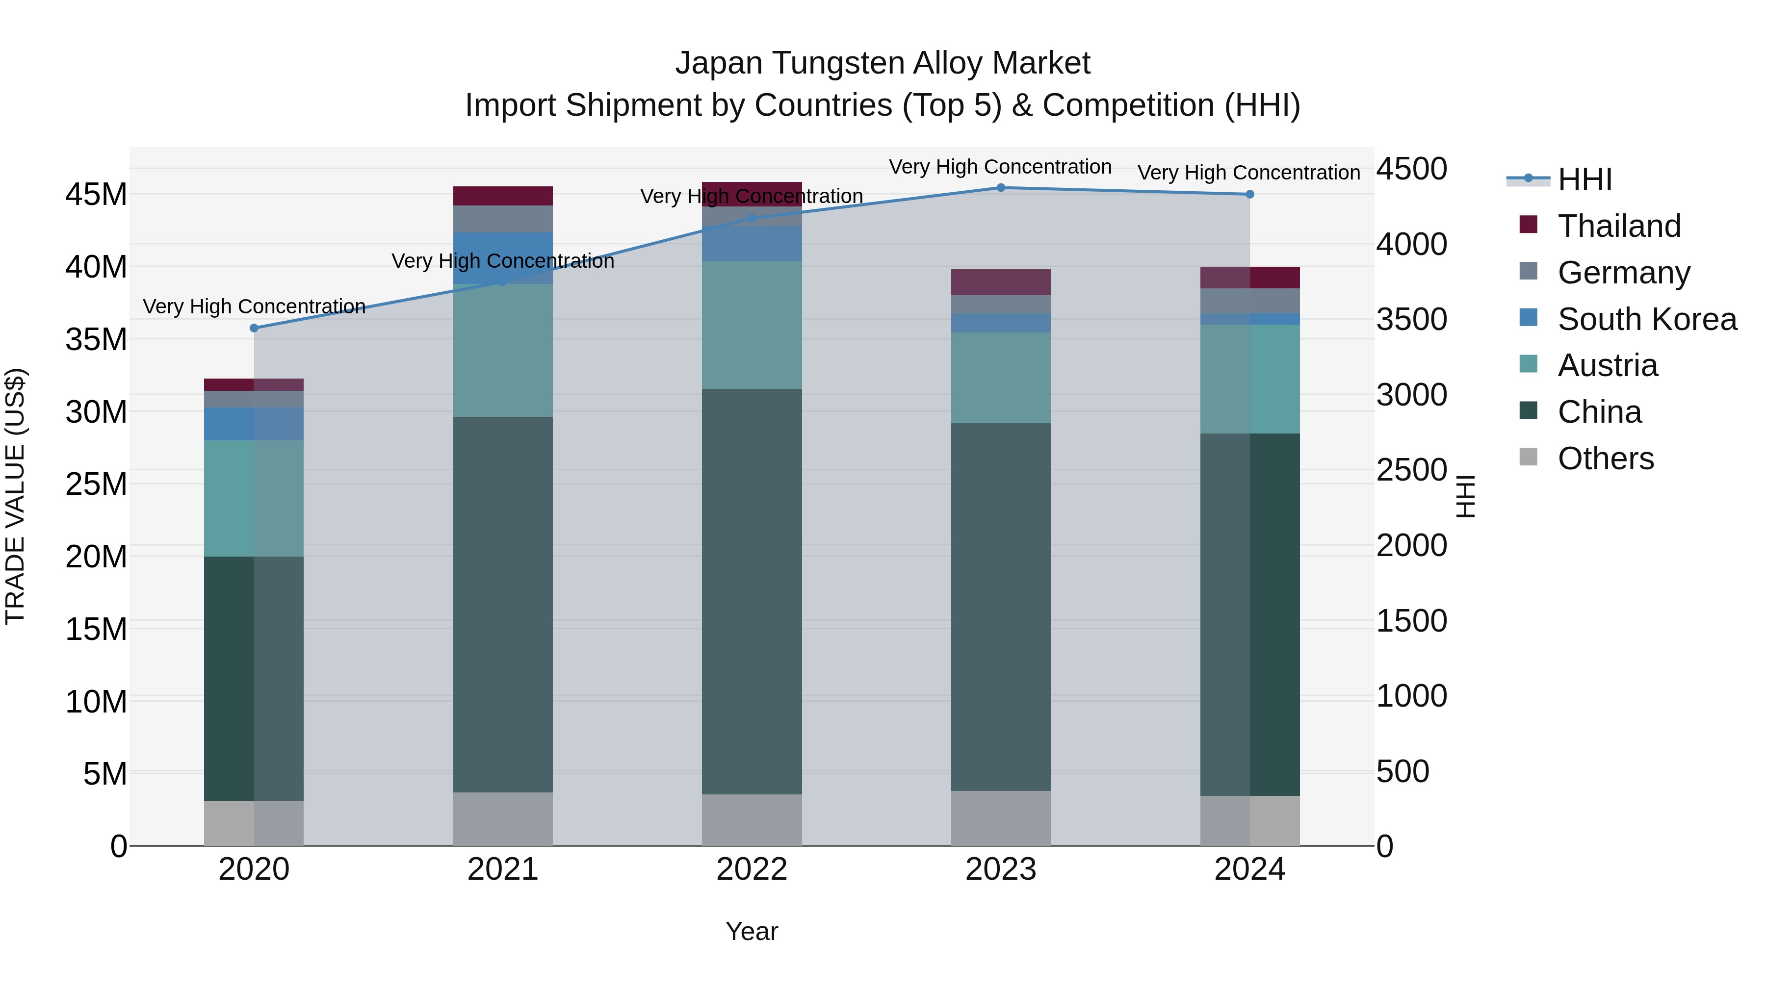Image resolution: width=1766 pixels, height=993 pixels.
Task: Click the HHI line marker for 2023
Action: (1000, 188)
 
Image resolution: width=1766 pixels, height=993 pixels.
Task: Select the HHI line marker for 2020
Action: (254, 328)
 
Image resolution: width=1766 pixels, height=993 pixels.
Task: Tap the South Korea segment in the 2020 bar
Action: (254, 424)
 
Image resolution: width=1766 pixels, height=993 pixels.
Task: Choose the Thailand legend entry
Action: (1619, 226)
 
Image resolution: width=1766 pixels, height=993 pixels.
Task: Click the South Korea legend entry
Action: (1647, 319)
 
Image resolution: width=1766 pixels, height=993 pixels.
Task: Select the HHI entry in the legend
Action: (1584, 179)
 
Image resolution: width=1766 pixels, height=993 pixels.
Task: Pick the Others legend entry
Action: (1605, 458)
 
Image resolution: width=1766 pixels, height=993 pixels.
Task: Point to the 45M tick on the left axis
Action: (96, 195)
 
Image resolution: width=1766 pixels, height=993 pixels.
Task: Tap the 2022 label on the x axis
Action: (752, 869)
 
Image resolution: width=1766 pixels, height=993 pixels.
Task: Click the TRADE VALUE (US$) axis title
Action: (15, 496)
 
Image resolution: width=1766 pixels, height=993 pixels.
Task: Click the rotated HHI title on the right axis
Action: (1465, 496)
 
